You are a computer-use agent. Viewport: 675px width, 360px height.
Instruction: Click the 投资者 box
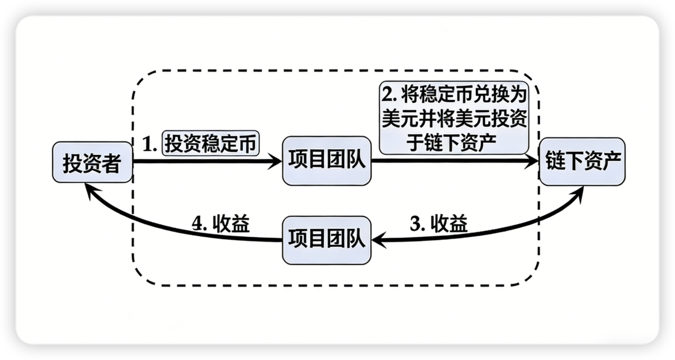point(92,163)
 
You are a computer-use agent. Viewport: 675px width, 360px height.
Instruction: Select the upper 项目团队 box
point(327,161)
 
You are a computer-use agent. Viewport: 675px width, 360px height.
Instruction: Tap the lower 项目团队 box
point(327,240)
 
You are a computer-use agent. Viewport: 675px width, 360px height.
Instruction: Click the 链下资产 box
point(582,162)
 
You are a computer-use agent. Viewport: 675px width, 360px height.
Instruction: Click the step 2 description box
point(454,119)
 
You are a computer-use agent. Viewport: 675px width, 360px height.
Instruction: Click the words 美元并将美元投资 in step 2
point(454,119)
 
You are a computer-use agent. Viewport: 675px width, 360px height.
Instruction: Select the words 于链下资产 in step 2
point(454,142)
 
